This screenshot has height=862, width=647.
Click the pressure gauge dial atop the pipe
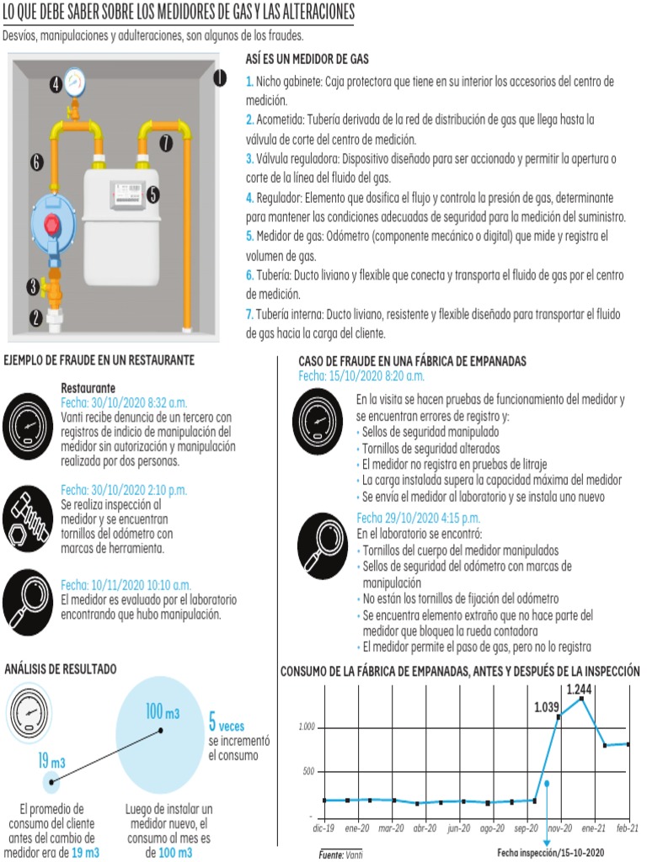74,82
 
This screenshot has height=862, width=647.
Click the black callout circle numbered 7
166,143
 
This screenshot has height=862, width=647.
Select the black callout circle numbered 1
219,78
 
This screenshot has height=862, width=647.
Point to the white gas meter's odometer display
125,195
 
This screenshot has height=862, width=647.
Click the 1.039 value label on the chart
546,707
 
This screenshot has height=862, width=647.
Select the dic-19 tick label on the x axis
323,828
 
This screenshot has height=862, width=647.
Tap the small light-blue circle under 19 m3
51,782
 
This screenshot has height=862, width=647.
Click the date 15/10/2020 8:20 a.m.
361,375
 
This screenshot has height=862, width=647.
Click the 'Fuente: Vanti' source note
340,854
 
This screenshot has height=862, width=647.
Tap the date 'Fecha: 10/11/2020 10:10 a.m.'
126,585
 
